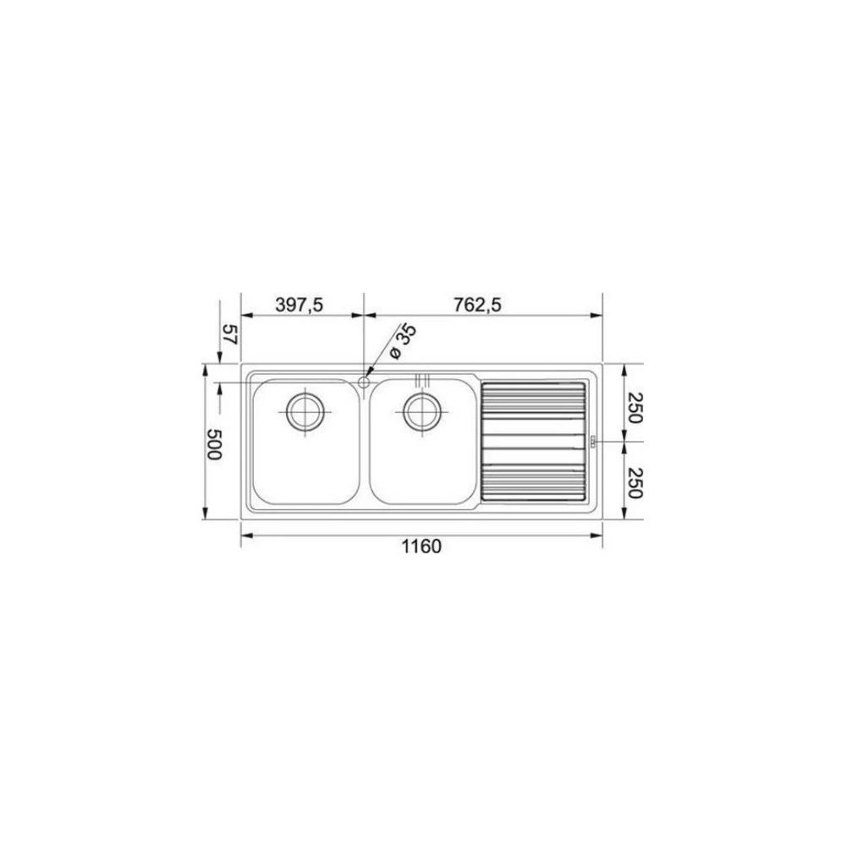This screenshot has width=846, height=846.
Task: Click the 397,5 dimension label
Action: (x=299, y=305)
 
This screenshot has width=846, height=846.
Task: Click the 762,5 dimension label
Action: (x=477, y=305)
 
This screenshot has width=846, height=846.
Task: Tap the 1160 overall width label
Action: (x=421, y=547)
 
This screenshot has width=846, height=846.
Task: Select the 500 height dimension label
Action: (x=214, y=445)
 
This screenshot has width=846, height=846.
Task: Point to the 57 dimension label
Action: (x=230, y=335)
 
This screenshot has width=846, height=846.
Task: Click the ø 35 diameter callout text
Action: (x=402, y=341)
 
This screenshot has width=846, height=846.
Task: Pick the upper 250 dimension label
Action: (x=634, y=408)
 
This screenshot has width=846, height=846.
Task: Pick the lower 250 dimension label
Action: (x=634, y=483)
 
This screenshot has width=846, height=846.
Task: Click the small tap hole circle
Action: (x=364, y=382)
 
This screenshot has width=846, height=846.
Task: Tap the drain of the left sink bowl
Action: (x=306, y=412)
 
